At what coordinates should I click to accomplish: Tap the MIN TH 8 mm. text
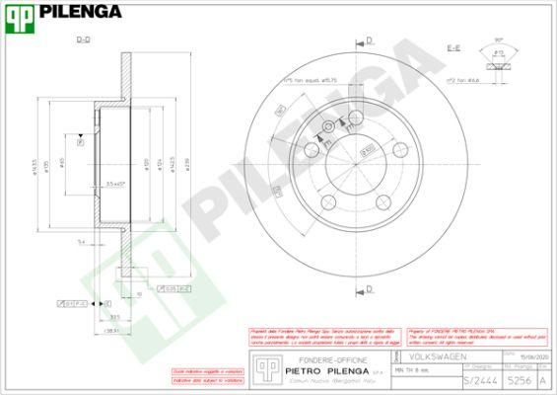(414, 369)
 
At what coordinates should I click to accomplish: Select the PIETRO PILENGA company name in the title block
(318, 371)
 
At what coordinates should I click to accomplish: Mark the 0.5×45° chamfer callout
(117, 185)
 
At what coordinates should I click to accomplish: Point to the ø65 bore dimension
(61, 163)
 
